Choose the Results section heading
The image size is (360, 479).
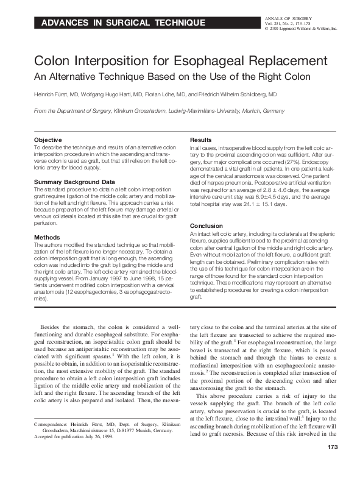click(x=202, y=140)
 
